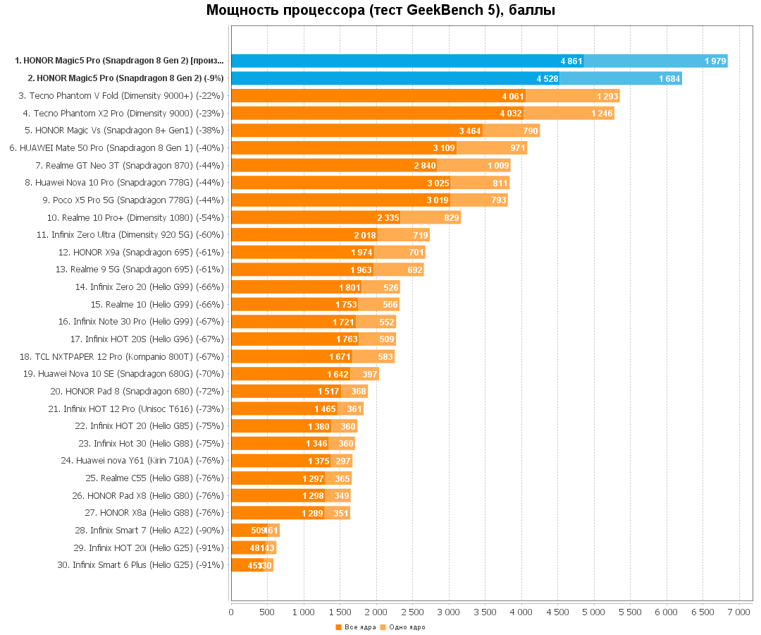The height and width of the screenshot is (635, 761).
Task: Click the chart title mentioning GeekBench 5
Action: [380, 11]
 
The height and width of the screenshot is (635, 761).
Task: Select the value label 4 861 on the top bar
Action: [571, 61]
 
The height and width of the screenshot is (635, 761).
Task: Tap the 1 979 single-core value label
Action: [715, 61]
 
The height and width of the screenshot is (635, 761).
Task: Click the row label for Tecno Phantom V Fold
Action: [121, 96]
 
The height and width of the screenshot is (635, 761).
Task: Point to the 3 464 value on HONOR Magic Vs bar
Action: [470, 131]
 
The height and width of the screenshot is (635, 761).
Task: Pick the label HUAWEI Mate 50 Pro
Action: [116, 148]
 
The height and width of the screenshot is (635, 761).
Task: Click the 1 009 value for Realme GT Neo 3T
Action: [498, 165]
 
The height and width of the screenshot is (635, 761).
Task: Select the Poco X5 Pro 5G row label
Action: [133, 200]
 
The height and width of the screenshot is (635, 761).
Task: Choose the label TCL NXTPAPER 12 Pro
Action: [122, 356]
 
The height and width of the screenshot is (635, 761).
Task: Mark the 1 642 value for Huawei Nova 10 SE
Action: [338, 374]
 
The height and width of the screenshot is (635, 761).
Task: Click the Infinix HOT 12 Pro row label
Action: [136, 409]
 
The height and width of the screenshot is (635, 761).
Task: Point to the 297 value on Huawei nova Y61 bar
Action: [343, 461]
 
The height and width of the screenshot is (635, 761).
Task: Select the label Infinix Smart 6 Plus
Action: [140, 564]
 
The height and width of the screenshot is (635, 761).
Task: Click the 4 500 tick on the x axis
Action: [557, 612]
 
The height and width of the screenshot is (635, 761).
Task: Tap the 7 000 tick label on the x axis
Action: [738, 612]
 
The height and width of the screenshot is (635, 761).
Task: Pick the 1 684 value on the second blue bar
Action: [669, 78]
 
